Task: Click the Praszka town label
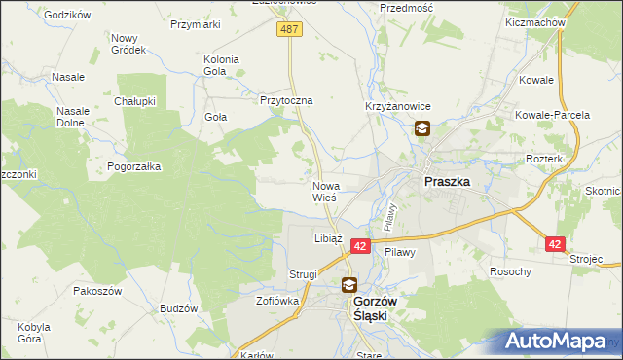click(x=448, y=181)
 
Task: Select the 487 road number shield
click(x=289, y=30)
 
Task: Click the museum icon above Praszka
click(x=422, y=128)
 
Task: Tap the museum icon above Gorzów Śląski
click(x=348, y=285)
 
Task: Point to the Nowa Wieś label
click(x=325, y=191)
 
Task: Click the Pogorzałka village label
click(x=134, y=166)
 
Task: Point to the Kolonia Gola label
click(x=221, y=65)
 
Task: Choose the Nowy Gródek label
click(x=128, y=43)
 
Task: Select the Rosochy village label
click(x=511, y=271)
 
